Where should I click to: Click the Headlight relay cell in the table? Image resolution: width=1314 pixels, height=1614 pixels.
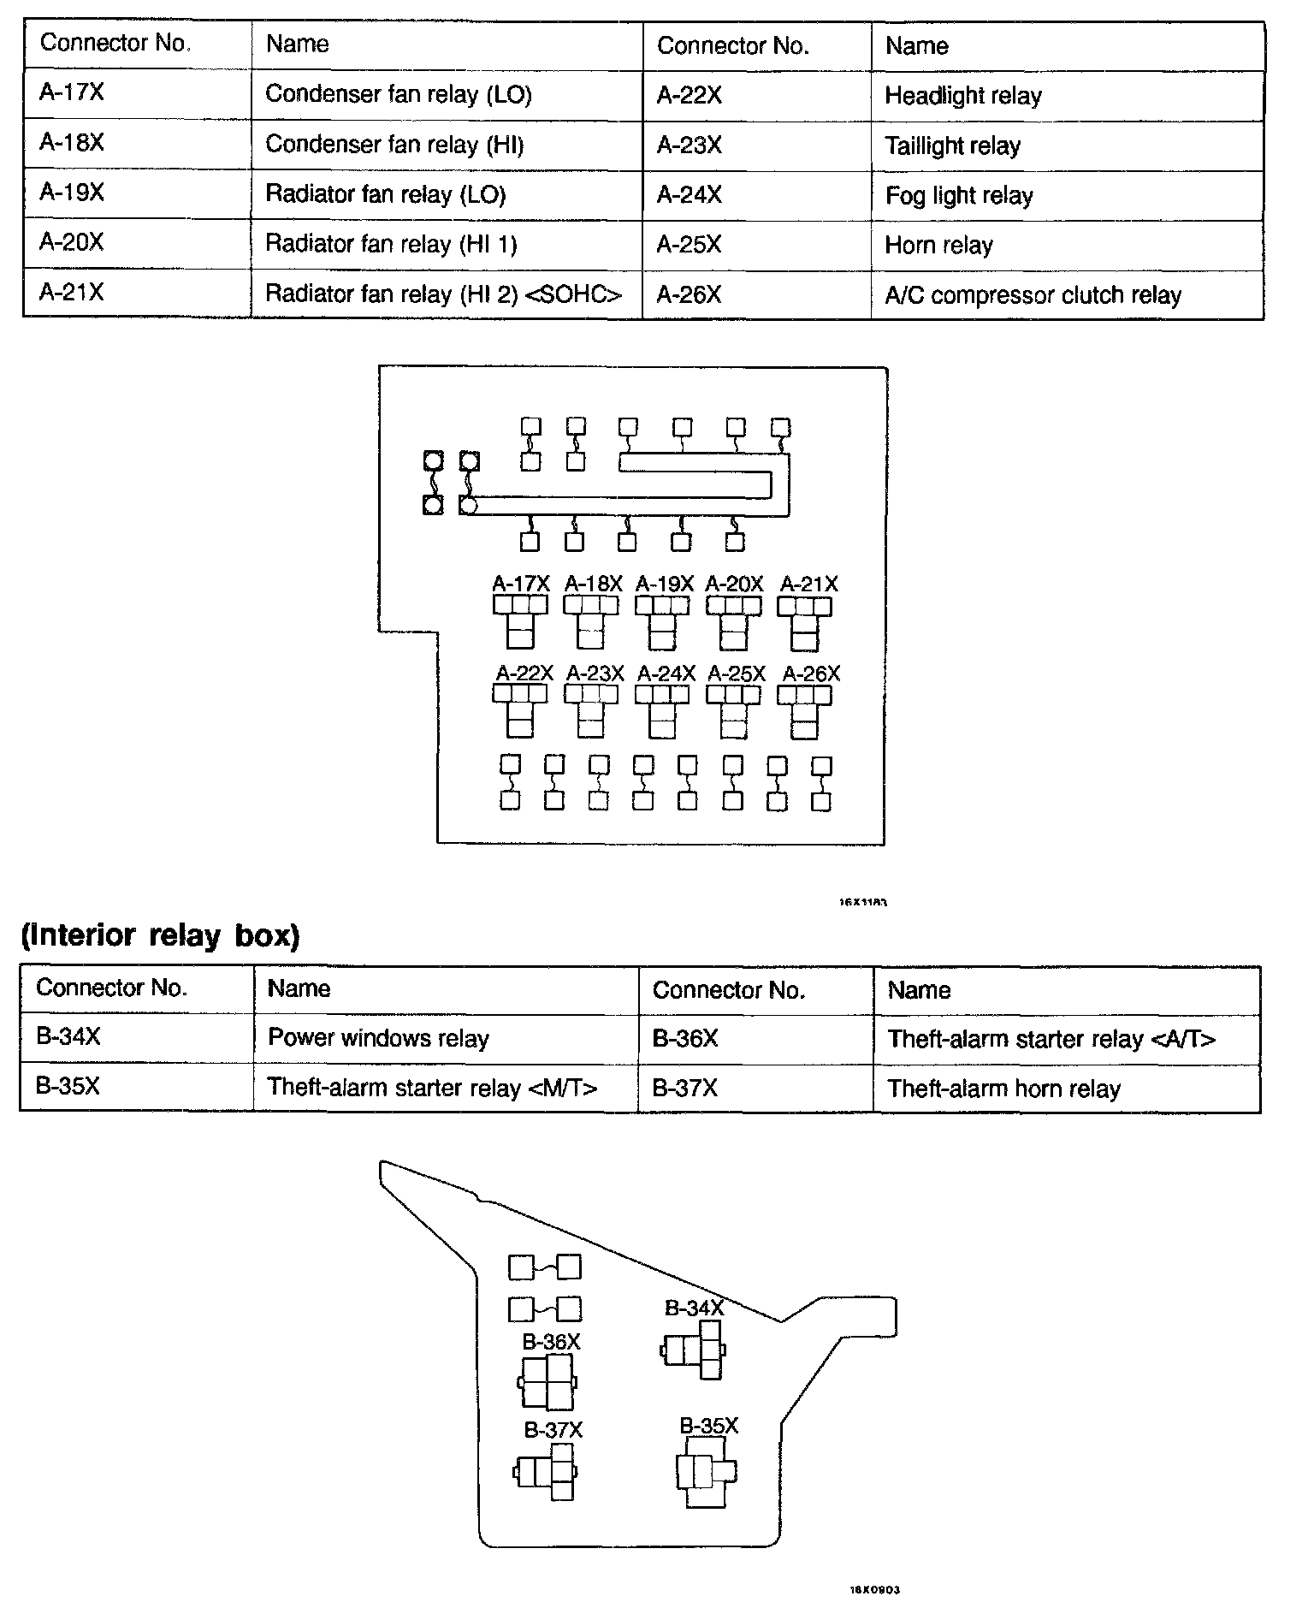click(963, 96)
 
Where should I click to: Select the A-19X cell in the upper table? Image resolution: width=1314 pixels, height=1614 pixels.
click(72, 193)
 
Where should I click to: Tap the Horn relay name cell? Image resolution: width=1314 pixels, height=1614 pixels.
click(938, 246)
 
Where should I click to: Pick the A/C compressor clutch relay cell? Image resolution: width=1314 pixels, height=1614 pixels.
click(1033, 295)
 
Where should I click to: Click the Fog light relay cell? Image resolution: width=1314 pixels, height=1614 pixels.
click(959, 196)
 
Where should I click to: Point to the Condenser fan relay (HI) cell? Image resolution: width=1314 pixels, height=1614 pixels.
click(394, 145)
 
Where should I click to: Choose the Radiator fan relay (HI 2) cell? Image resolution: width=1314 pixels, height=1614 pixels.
click(443, 294)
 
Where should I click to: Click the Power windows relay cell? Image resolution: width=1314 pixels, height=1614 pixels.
click(378, 1039)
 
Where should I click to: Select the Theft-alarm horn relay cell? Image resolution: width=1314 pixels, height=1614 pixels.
click(1003, 1089)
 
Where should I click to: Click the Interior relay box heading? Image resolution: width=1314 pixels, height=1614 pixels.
click(160, 935)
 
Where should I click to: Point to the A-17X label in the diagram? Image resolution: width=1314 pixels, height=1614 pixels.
click(520, 584)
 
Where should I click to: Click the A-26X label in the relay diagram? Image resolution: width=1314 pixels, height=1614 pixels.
click(811, 674)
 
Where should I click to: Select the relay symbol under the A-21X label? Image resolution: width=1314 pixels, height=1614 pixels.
click(804, 624)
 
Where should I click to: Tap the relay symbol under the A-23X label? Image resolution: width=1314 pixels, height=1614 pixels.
click(591, 712)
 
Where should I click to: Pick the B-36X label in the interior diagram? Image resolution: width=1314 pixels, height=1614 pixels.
click(551, 1342)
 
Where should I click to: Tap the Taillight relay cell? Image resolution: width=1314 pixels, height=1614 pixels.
click(952, 146)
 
